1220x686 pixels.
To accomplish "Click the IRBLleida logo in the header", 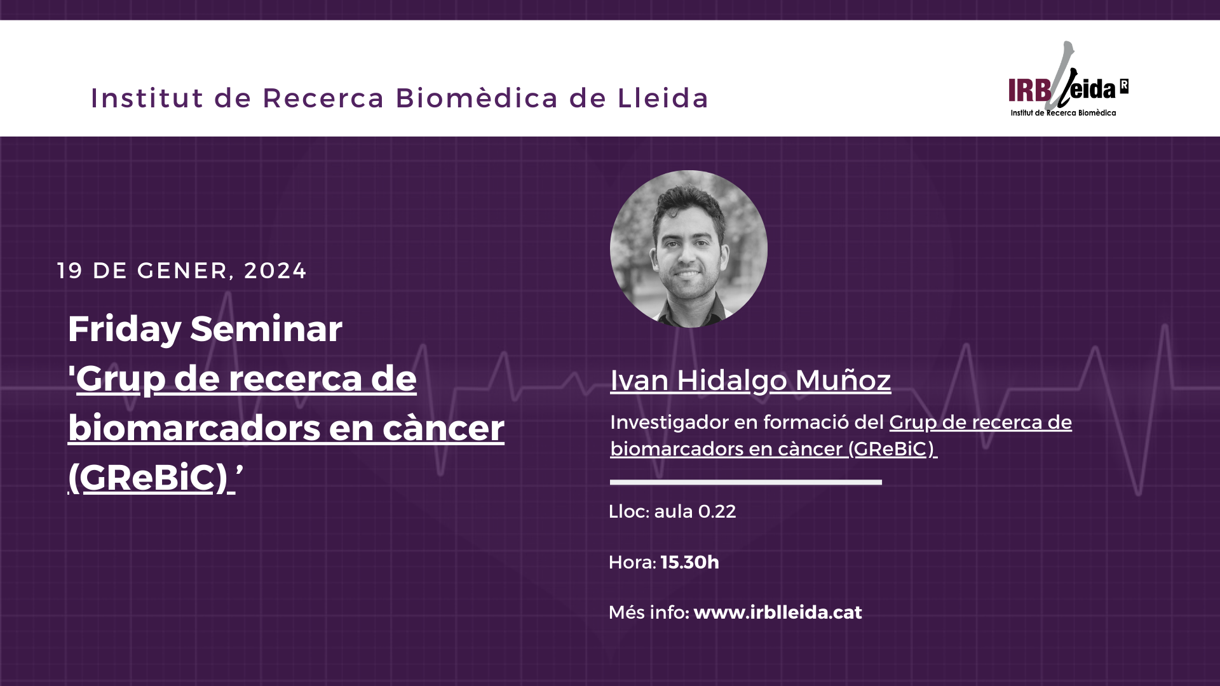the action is point(1068,79).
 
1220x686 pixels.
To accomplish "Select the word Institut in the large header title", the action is point(147,98).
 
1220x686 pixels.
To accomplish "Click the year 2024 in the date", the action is point(275,271).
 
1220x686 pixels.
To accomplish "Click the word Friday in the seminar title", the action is point(125,329).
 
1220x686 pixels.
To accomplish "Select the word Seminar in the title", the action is point(266,329).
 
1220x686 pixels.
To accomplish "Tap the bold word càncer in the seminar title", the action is point(444,427).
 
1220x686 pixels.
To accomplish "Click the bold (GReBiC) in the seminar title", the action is point(147,477).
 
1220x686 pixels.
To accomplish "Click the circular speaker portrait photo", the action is point(689,249).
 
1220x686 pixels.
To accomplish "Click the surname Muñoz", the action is point(843,380).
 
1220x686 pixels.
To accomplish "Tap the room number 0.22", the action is point(717,511).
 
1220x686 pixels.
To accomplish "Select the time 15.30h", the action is point(690,562).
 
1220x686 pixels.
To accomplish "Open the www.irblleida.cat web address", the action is point(778,612).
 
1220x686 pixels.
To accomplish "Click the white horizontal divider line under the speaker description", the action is point(746,482).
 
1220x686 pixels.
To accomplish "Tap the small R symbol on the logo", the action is point(1124,86).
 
